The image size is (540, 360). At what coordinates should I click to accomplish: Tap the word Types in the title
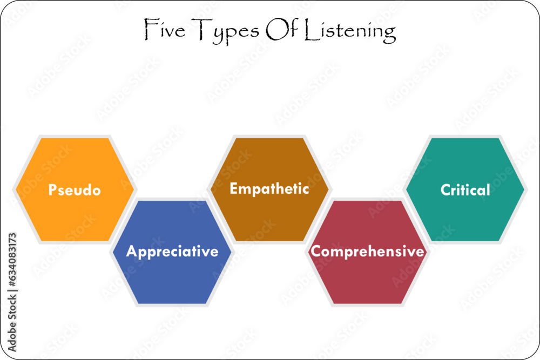click(x=226, y=31)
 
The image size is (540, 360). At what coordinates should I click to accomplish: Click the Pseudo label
click(x=75, y=190)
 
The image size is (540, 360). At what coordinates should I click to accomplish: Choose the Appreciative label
click(x=172, y=252)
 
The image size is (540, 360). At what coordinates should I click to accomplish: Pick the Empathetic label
click(x=269, y=189)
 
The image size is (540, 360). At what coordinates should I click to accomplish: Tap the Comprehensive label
click(x=368, y=252)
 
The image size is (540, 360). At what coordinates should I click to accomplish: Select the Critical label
click(x=465, y=190)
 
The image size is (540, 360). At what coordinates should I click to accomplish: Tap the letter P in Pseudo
click(x=53, y=190)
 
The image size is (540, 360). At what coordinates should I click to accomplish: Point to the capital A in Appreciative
click(x=131, y=252)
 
